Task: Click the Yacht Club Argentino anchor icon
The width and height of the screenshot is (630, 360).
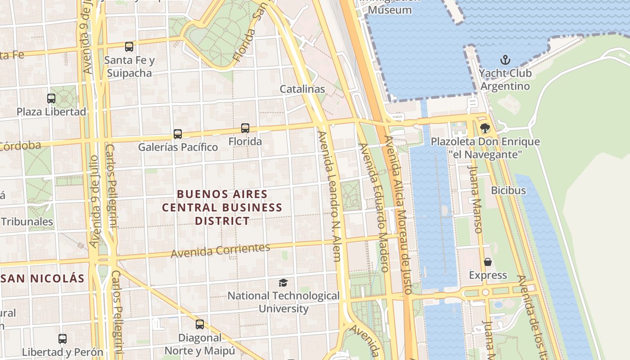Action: click(x=505, y=60)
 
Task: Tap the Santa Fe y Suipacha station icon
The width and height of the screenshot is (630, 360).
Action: click(x=129, y=46)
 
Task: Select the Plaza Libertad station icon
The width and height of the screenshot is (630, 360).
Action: click(x=51, y=98)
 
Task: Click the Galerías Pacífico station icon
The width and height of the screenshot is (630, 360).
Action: click(x=178, y=134)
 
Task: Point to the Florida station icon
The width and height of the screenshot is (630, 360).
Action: click(x=245, y=128)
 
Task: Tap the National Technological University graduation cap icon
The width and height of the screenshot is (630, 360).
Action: click(x=283, y=283)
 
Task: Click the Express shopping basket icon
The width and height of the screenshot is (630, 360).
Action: click(x=488, y=262)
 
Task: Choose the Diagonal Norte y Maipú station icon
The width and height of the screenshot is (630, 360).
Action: click(x=200, y=324)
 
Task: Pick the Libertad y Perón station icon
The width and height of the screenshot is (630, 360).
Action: click(x=63, y=338)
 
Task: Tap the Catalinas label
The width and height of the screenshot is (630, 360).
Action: click(x=302, y=89)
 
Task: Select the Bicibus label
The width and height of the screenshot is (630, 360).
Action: click(x=508, y=190)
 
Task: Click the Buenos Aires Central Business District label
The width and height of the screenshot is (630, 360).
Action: click(x=222, y=207)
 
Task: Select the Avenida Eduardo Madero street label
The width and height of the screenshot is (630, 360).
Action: click(x=373, y=207)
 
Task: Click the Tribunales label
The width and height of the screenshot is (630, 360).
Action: click(x=27, y=221)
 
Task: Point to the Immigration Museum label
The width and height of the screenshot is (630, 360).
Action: click(x=390, y=9)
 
